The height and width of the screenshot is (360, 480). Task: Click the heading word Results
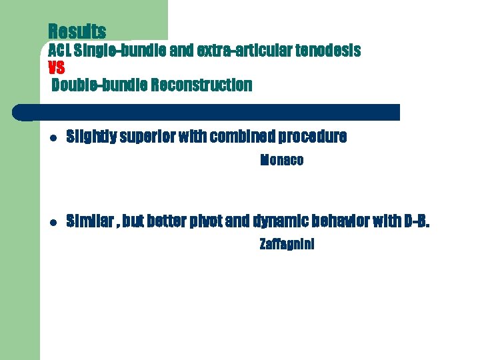(x=77, y=31)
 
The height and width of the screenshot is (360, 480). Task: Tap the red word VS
(x=57, y=67)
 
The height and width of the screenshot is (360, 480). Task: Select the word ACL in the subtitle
(x=60, y=51)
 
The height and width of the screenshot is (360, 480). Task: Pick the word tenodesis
(x=328, y=51)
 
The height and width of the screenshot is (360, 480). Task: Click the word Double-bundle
(x=99, y=85)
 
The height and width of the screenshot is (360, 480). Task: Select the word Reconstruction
(x=201, y=85)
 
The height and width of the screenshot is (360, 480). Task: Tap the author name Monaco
(x=281, y=161)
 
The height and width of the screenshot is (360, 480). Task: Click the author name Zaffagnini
(x=287, y=245)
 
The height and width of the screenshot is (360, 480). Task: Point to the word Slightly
(x=91, y=137)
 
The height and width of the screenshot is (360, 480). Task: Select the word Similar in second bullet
(x=90, y=221)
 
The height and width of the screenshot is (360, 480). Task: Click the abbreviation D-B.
(x=417, y=221)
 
